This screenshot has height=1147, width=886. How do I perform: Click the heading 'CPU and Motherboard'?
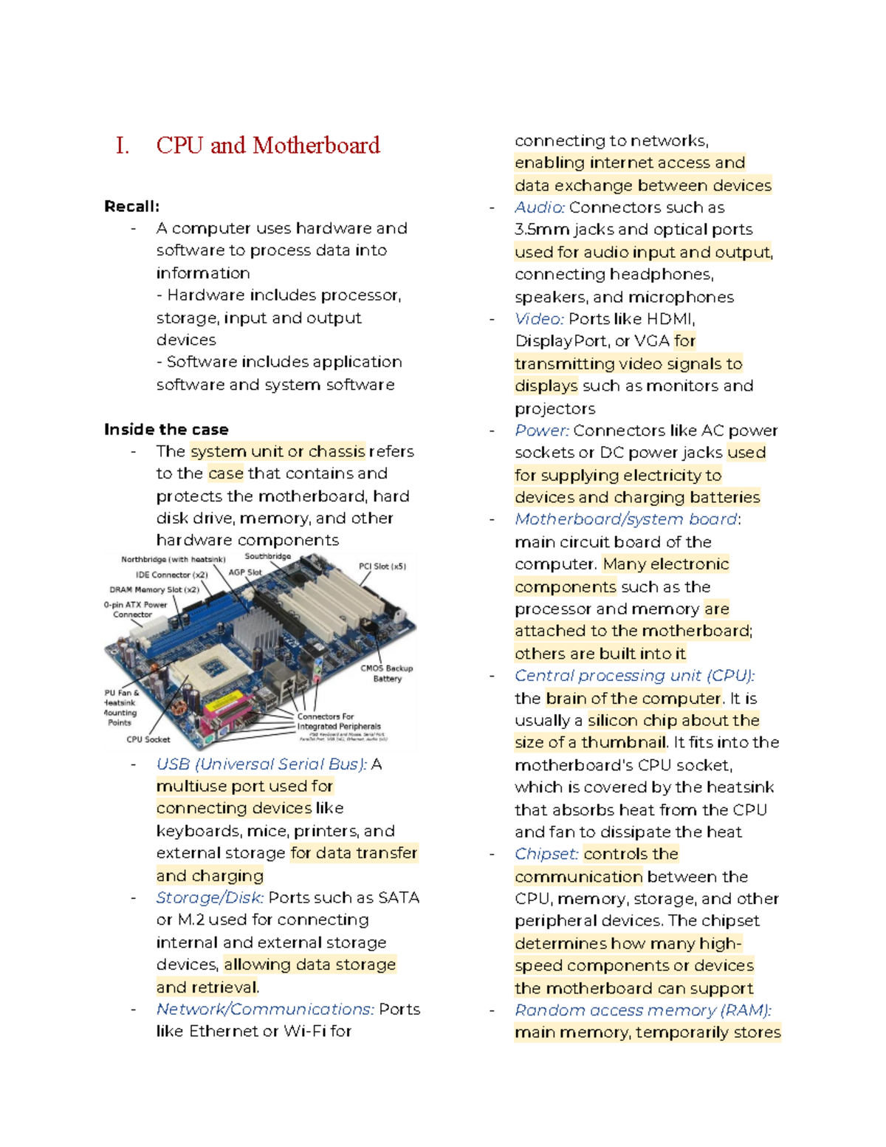[x=267, y=145]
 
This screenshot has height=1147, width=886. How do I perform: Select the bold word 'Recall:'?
[x=131, y=207]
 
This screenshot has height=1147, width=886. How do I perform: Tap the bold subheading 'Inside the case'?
[x=166, y=430]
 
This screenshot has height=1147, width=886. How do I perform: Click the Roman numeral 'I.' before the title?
[x=123, y=145]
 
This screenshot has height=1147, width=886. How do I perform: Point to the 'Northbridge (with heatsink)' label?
[x=173, y=560]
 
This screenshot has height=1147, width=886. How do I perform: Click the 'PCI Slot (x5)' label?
[x=382, y=566]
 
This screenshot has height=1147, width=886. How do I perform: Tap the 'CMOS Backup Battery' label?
[x=386, y=673]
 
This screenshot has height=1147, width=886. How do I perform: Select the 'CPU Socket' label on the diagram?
[x=148, y=739]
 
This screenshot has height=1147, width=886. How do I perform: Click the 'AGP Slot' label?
[x=244, y=572]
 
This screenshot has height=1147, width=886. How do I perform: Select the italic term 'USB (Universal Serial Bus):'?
[x=261, y=764]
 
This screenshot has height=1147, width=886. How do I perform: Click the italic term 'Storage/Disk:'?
[x=210, y=898]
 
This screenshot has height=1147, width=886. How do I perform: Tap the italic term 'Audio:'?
[x=539, y=208]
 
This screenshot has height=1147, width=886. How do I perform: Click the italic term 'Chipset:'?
[x=546, y=855]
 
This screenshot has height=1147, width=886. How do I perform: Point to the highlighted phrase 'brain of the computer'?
[x=633, y=699]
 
